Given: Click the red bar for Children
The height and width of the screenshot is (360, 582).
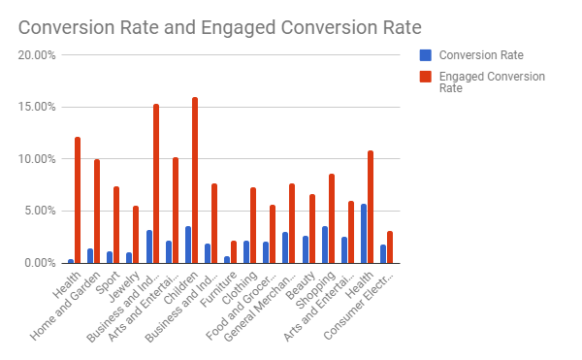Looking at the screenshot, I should [x=195, y=180].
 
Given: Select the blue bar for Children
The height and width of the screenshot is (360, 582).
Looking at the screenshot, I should [x=188, y=245].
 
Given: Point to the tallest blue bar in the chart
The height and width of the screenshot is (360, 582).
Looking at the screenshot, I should [x=364, y=234].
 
